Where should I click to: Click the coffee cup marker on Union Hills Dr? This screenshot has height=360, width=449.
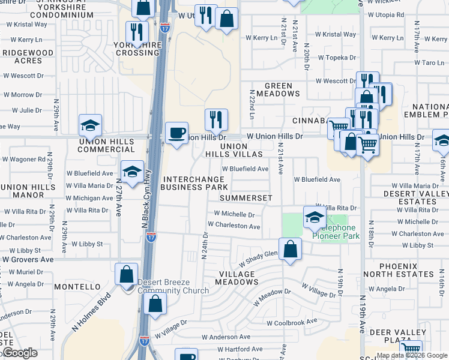(176, 133)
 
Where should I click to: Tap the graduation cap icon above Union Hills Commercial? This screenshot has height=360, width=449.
(90, 125)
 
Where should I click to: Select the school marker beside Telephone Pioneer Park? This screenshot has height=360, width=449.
(314, 218)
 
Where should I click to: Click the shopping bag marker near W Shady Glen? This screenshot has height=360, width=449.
(290, 249)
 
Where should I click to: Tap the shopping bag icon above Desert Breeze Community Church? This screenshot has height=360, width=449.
(127, 275)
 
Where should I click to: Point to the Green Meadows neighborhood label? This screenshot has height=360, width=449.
(278, 89)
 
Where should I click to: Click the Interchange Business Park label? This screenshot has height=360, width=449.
(194, 183)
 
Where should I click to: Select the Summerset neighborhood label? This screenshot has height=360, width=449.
(246, 197)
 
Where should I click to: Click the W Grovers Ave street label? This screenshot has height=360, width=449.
(28, 260)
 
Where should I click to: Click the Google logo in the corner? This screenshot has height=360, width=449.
(20, 353)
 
